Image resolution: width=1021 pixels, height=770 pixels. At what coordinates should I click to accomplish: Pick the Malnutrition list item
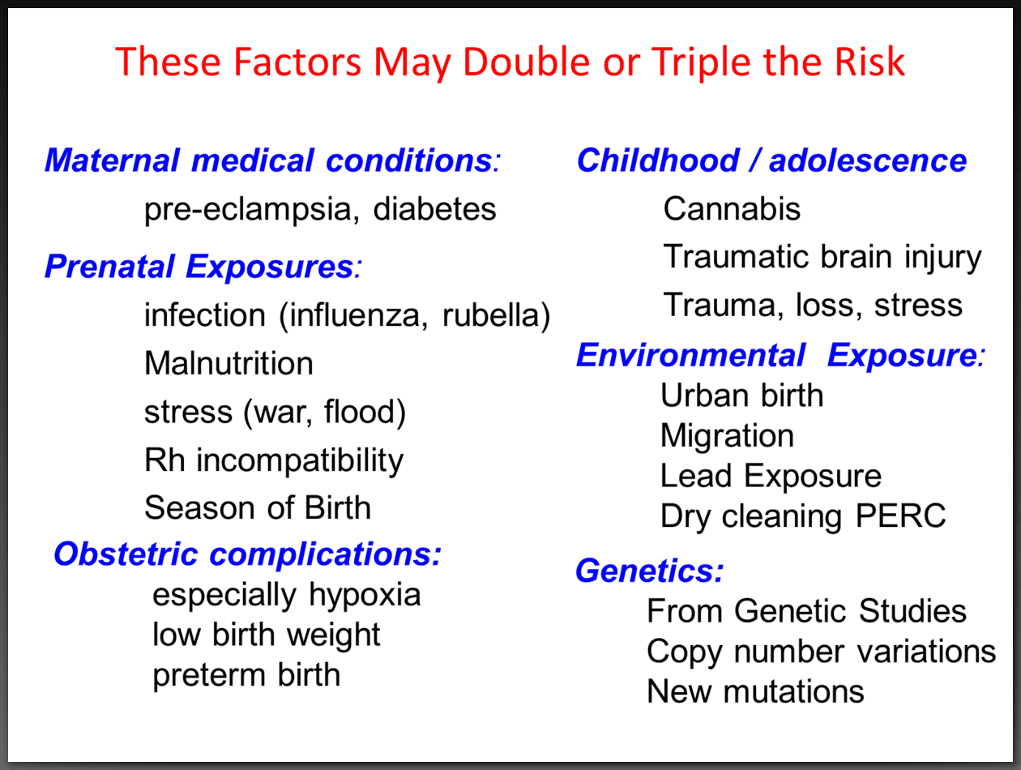point(229,363)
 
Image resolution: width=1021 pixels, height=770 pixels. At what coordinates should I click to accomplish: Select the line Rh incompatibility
point(273,460)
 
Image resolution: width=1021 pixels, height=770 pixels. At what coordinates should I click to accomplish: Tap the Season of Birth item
point(257,508)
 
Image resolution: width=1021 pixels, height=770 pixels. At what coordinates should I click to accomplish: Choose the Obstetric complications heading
point(247,554)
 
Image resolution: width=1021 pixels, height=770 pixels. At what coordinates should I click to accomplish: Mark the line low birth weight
point(267,634)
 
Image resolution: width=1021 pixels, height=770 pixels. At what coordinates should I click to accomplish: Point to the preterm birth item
point(246,674)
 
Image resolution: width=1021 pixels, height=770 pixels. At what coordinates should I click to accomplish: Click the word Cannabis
point(732,209)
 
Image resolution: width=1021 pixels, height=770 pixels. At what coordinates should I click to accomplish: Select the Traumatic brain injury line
point(822,257)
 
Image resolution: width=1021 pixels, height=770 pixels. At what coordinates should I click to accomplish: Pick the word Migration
point(727,436)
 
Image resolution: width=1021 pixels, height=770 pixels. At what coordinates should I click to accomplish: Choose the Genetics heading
point(649,571)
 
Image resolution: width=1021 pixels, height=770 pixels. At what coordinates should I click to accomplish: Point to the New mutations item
point(755,691)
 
